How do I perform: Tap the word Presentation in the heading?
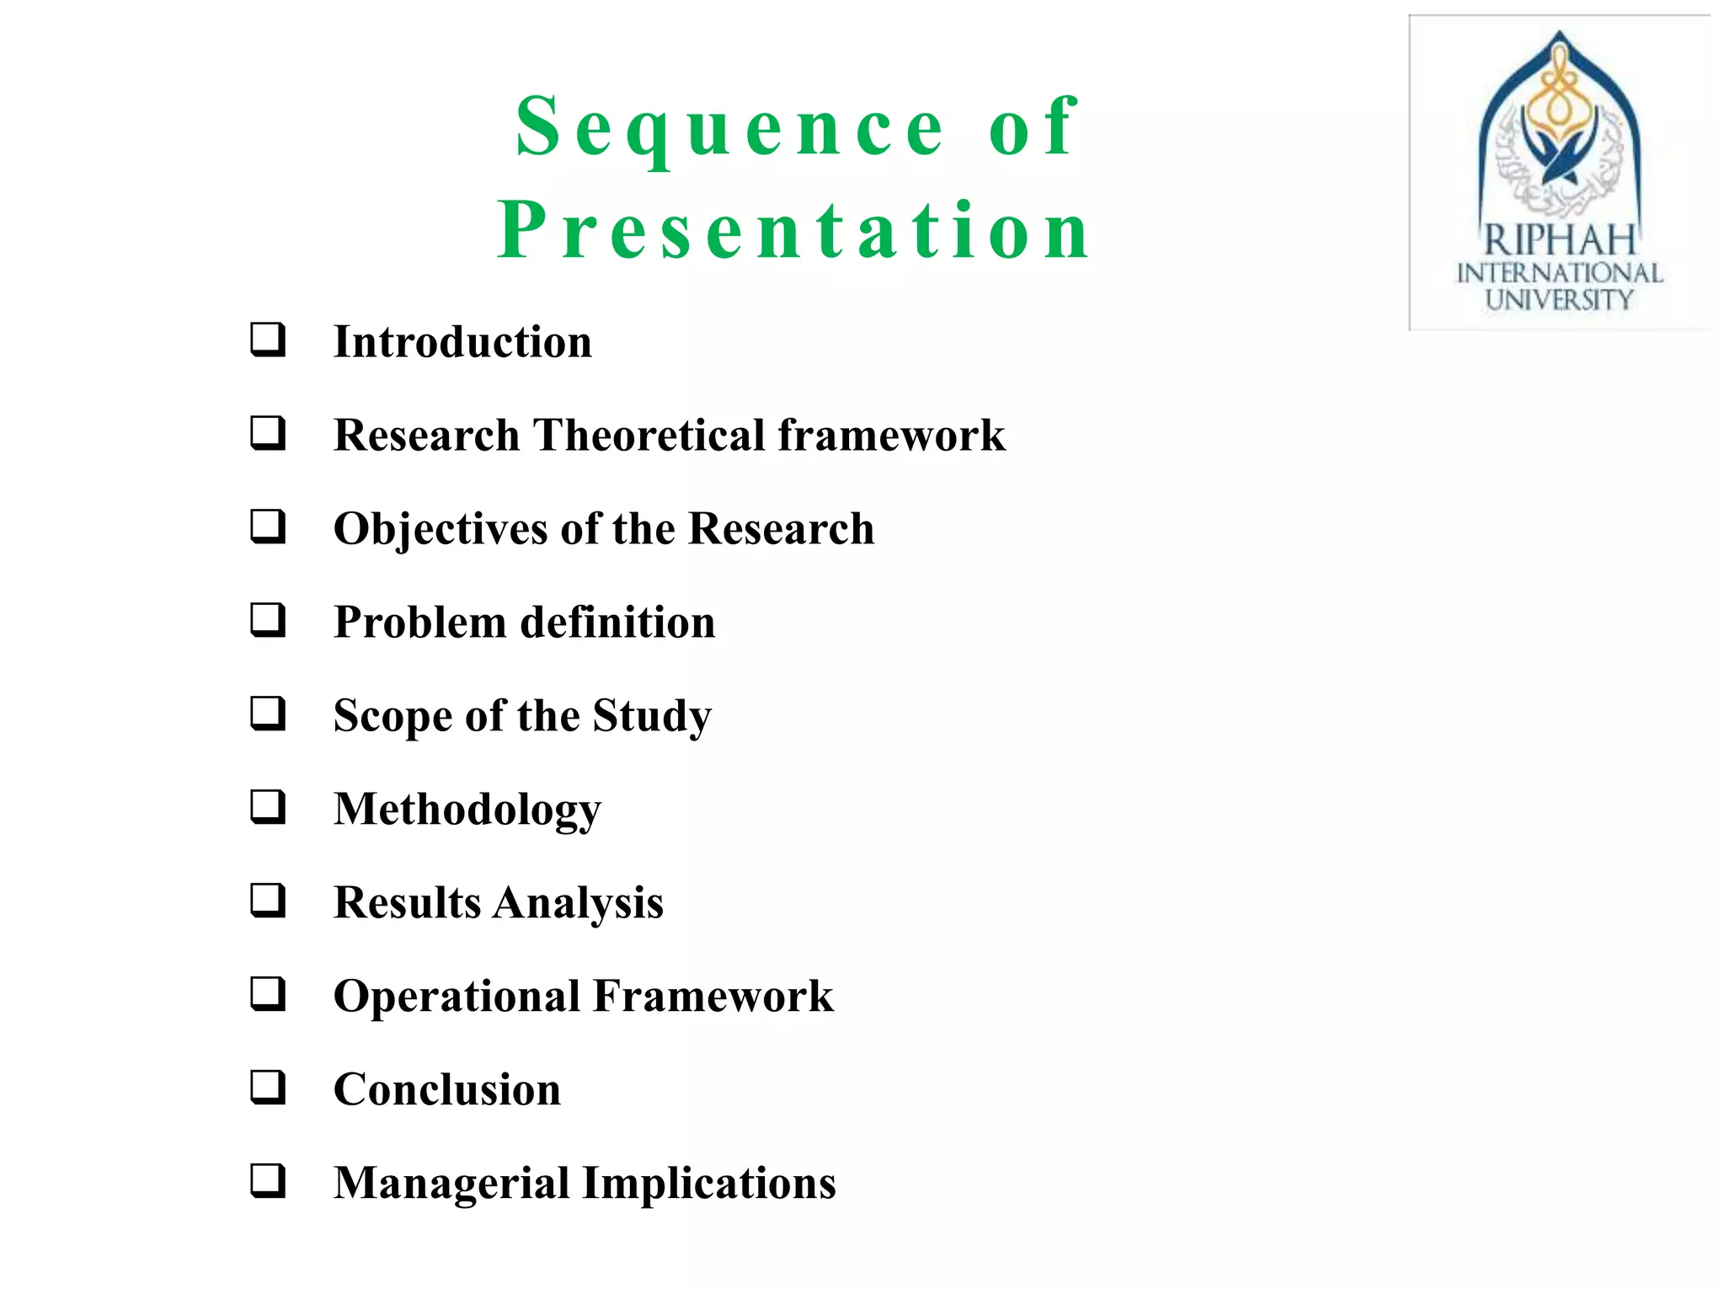[x=793, y=231]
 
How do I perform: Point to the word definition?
[x=618, y=623]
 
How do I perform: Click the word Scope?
[x=392, y=717]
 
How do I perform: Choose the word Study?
[x=652, y=717]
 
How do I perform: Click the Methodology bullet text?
[x=467, y=810]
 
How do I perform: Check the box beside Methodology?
[x=268, y=807]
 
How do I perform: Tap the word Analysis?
[x=578, y=904]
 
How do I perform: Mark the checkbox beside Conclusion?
[x=268, y=1088]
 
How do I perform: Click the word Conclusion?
[x=447, y=1090]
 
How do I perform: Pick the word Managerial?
[x=451, y=1184]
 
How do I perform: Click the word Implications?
[x=709, y=1184]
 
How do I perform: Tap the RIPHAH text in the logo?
[x=1559, y=241]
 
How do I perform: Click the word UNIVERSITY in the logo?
[x=1559, y=300]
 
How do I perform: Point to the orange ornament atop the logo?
[x=1560, y=93]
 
